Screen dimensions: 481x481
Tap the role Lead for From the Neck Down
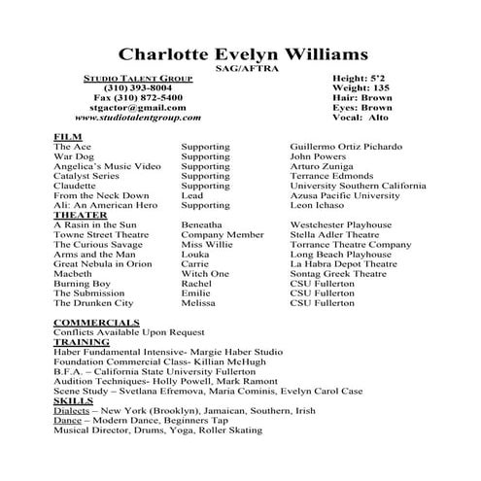coord(192,195)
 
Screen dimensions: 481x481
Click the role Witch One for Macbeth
coord(205,274)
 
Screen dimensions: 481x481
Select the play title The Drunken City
coord(93,303)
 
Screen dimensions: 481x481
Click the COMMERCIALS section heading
coord(95,322)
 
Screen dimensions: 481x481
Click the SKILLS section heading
coord(73,400)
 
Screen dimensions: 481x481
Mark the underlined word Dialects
coord(72,410)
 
